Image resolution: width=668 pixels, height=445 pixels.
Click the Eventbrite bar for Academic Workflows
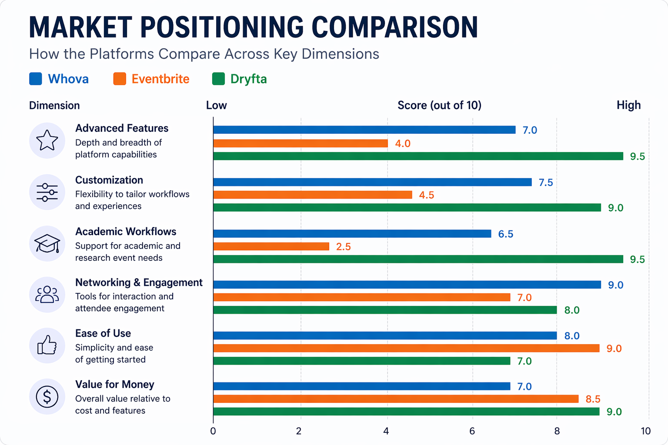pyautogui.click(x=271, y=246)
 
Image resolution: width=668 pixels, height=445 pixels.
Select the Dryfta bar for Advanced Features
pyautogui.click(x=418, y=156)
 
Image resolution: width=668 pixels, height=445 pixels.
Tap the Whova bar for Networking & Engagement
pyautogui.click(x=407, y=285)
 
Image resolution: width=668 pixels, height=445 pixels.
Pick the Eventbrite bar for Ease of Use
pyautogui.click(x=406, y=348)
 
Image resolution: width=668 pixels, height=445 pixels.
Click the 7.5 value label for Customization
pyautogui.click(x=546, y=183)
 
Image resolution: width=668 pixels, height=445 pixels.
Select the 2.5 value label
pyautogui.click(x=343, y=247)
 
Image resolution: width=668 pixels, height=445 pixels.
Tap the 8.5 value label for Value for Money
pyautogui.click(x=593, y=399)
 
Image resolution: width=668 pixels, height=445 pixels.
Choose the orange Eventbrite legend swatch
pyautogui.click(x=120, y=79)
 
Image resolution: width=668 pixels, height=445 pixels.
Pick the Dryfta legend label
pyautogui.click(x=248, y=79)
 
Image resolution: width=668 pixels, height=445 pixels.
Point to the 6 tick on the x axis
pyautogui.click(x=472, y=431)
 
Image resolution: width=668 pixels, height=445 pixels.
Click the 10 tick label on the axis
pyautogui.click(x=645, y=431)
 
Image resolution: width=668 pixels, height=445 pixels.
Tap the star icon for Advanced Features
pyautogui.click(x=47, y=140)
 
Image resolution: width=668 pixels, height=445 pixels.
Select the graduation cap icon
pyautogui.click(x=47, y=243)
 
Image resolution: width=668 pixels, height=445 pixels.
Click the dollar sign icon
pyautogui.click(x=47, y=396)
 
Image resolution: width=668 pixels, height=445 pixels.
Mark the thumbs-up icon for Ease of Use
pyautogui.click(x=47, y=345)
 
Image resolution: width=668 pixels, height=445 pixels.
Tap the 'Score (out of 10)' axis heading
pyautogui.click(x=439, y=105)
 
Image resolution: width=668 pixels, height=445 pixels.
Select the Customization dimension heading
pyautogui.click(x=109, y=180)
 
